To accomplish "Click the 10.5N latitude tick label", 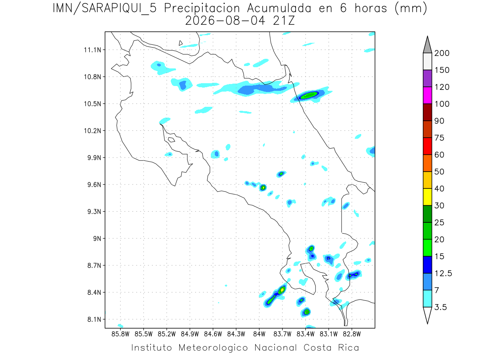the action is tap(92, 104).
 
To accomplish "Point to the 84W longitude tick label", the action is tap(259, 334).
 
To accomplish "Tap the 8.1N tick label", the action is tap(94, 319).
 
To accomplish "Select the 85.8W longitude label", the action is tap(120, 334).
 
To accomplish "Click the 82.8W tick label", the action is tap(352, 334).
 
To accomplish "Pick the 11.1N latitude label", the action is tap(92, 50).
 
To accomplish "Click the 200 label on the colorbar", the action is tap(442, 53).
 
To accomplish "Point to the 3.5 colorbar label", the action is tap(440, 307).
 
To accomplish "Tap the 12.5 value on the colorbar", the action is tap(443, 273).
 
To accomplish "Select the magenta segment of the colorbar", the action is tap(427, 95).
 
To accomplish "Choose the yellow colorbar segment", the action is tap(427, 197).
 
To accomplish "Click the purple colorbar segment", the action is tap(427, 78).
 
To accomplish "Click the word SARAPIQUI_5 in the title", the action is tap(119, 8).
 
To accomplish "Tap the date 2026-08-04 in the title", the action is tap(225, 21).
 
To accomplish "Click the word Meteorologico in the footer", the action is tap(213, 348).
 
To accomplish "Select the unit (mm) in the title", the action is tap(411, 8).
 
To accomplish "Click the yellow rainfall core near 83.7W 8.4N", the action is tap(282, 290).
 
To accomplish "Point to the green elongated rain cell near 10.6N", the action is tap(308, 95).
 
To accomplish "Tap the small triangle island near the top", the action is tap(180, 43).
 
